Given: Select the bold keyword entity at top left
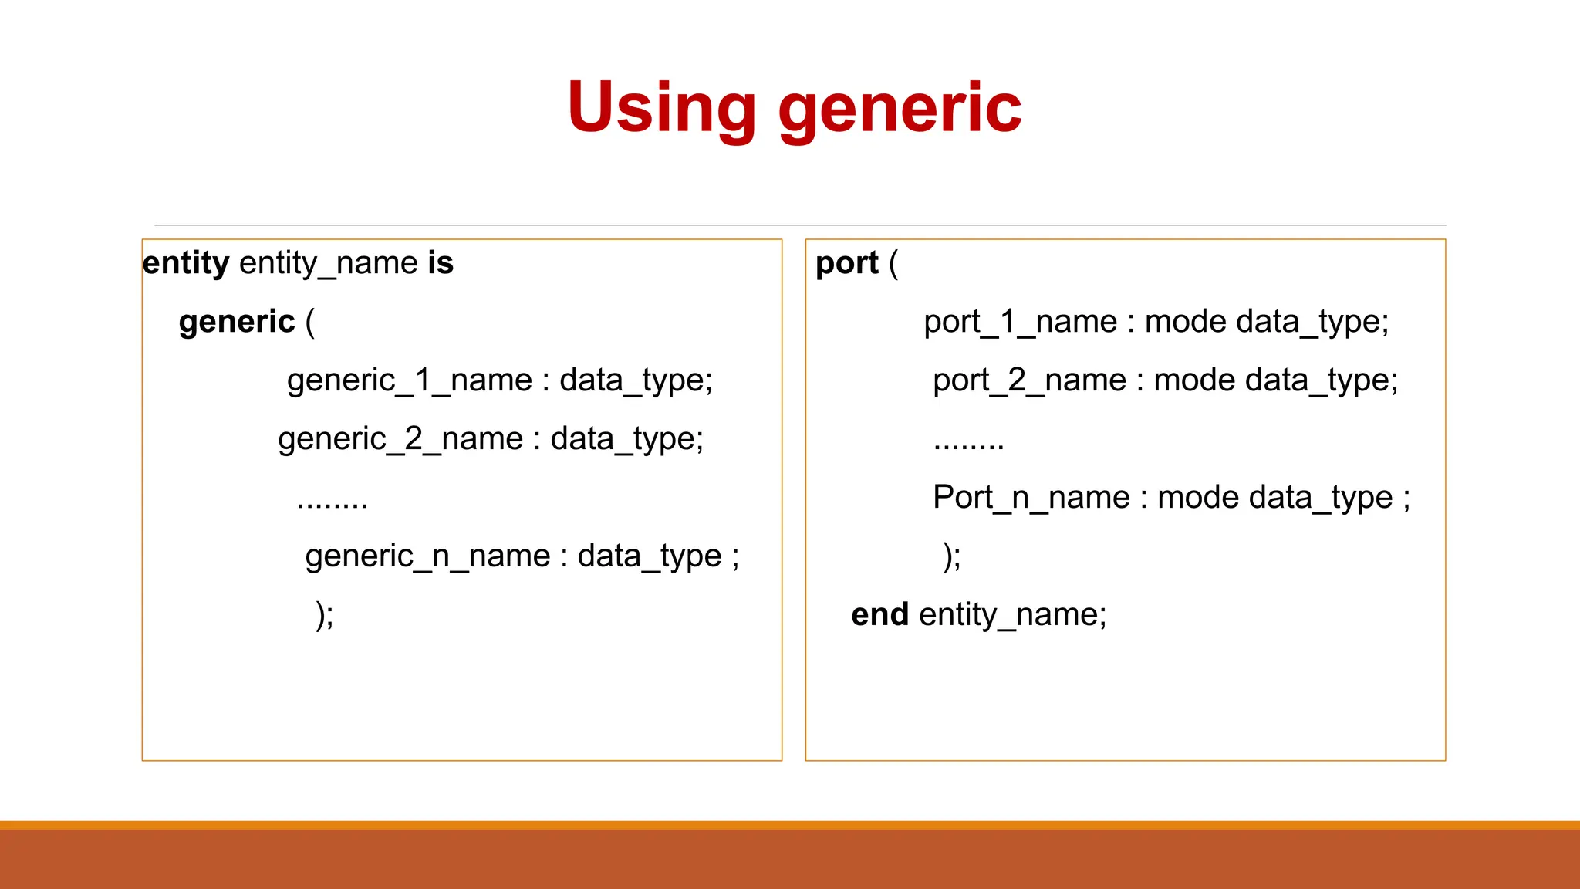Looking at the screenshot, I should coord(186,263).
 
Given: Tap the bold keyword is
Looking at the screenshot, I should coord(441,263).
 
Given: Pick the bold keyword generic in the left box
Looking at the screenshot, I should coord(237,322).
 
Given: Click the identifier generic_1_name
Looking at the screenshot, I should coord(410,380).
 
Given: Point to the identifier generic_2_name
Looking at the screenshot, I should coord(400,439).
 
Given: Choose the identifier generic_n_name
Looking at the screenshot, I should coord(427,556).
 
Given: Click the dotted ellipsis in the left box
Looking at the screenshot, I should coord(333,504).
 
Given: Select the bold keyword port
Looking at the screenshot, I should coord(846,263).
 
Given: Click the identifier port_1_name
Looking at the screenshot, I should coord(1020,322).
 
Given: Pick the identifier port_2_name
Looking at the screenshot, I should coord(1029,380).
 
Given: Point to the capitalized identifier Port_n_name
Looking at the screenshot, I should coord(1031,498).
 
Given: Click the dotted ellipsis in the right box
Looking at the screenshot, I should coord(968,445).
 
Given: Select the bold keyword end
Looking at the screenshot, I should coord(879,615).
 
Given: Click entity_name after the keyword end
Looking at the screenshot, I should coord(1011,615).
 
